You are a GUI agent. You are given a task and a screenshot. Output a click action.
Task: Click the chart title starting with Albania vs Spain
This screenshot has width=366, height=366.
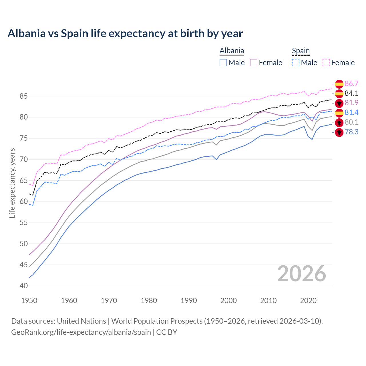(x=125, y=33)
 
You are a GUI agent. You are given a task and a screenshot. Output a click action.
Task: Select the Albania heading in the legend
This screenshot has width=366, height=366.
(x=232, y=51)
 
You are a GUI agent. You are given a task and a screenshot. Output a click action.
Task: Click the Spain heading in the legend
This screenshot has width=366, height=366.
(x=301, y=51)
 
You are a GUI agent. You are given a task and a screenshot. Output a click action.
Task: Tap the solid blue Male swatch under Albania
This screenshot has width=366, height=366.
(x=223, y=63)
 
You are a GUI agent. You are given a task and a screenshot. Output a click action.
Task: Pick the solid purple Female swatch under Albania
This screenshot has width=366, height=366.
(x=254, y=63)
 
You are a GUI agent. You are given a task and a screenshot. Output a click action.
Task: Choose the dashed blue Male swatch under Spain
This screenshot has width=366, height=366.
(x=296, y=63)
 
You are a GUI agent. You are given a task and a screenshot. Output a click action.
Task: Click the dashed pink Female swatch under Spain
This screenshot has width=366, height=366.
(x=326, y=63)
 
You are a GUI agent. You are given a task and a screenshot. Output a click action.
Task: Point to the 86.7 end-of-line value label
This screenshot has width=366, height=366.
(x=351, y=83)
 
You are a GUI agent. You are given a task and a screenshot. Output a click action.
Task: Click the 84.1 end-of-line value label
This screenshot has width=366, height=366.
(x=351, y=93)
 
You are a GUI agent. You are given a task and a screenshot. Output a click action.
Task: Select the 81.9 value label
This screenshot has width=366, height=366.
(x=351, y=103)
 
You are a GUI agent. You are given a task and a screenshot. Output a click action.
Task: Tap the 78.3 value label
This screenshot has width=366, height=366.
(x=351, y=132)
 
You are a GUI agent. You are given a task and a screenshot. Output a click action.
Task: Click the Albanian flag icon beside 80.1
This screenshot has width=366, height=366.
(x=339, y=123)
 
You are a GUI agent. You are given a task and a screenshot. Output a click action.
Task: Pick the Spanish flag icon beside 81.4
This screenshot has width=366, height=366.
(x=339, y=113)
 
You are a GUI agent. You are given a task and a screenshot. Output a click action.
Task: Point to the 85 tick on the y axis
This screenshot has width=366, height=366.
(x=23, y=96)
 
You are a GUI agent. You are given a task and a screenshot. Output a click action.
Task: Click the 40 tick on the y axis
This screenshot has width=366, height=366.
(x=23, y=286)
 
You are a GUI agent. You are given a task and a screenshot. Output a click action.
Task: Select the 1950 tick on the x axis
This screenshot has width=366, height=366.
(x=29, y=301)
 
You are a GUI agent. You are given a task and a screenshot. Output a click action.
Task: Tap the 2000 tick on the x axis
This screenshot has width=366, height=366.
(x=228, y=301)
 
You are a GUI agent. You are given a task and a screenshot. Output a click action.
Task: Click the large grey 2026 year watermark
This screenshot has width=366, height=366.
(x=301, y=274)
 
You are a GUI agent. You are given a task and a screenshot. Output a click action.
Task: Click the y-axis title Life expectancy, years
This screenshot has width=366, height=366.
(x=12, y=183)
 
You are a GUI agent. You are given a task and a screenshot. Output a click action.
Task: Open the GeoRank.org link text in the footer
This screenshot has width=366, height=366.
(x=81, y=332)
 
